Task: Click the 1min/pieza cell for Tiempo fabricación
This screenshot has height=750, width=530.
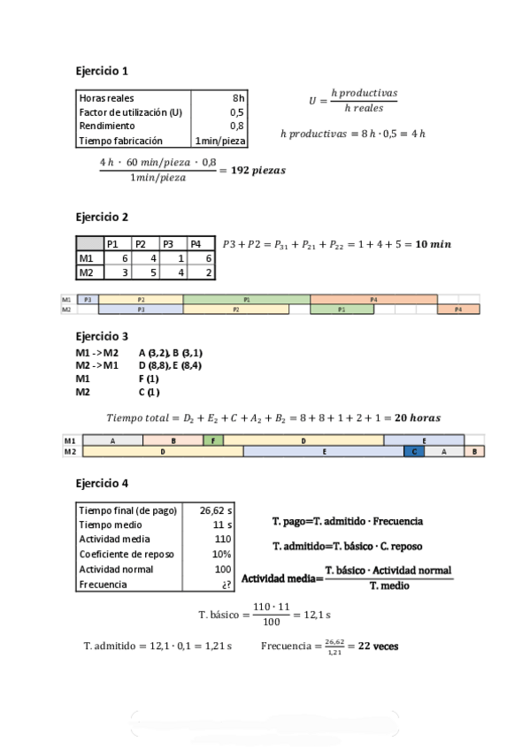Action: [x=220, y=140]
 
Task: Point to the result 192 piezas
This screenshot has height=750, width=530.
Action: [x=258, y=170]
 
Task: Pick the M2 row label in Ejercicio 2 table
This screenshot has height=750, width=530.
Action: [x=87, y=272]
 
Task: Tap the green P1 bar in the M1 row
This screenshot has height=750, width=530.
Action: [x=246, y=300]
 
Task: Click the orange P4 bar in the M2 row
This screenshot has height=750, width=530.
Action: [x=457, y=310]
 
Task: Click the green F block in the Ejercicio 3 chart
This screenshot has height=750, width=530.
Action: [x=213, y=440]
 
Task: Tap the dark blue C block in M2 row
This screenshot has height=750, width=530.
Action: [x=414, y=451]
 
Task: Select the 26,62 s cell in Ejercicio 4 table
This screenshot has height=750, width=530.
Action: [x=216, y=510]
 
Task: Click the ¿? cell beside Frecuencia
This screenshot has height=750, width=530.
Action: [x=227, y=585]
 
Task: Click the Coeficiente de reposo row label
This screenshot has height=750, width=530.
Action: [x=127, y=555]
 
